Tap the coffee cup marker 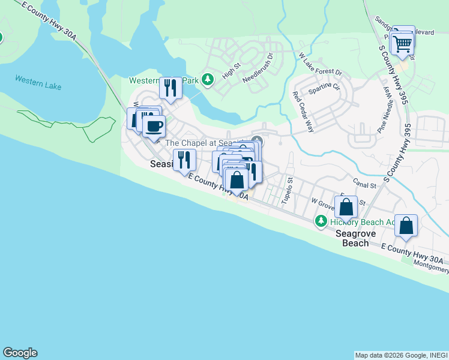(154, 126)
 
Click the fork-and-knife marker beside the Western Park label (170, 88)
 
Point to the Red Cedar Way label (303, 112)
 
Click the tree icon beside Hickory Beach (321, 222)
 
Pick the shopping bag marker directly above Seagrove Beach (346, 208)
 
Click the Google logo (20, 353)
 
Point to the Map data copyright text (401, 355)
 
